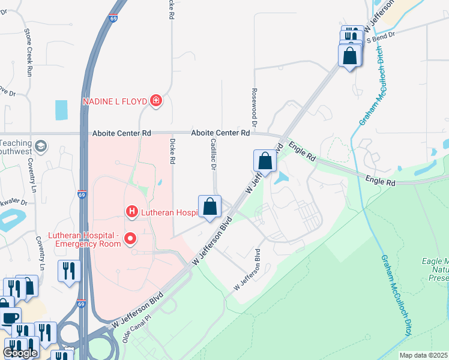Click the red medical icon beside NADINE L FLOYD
click(x=155, y=100)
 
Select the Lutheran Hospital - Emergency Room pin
click(x=130, y=240)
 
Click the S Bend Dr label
click(x=381, y=37)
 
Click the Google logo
click(x=20, y=353)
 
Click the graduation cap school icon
click(x=41, y=146)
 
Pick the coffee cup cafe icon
click(x=8, y=318)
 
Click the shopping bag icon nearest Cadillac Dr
click(x=209, y=207)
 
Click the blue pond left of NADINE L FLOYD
click(x=61, y=110)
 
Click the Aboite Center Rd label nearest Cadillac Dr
click(x=220, y=133)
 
